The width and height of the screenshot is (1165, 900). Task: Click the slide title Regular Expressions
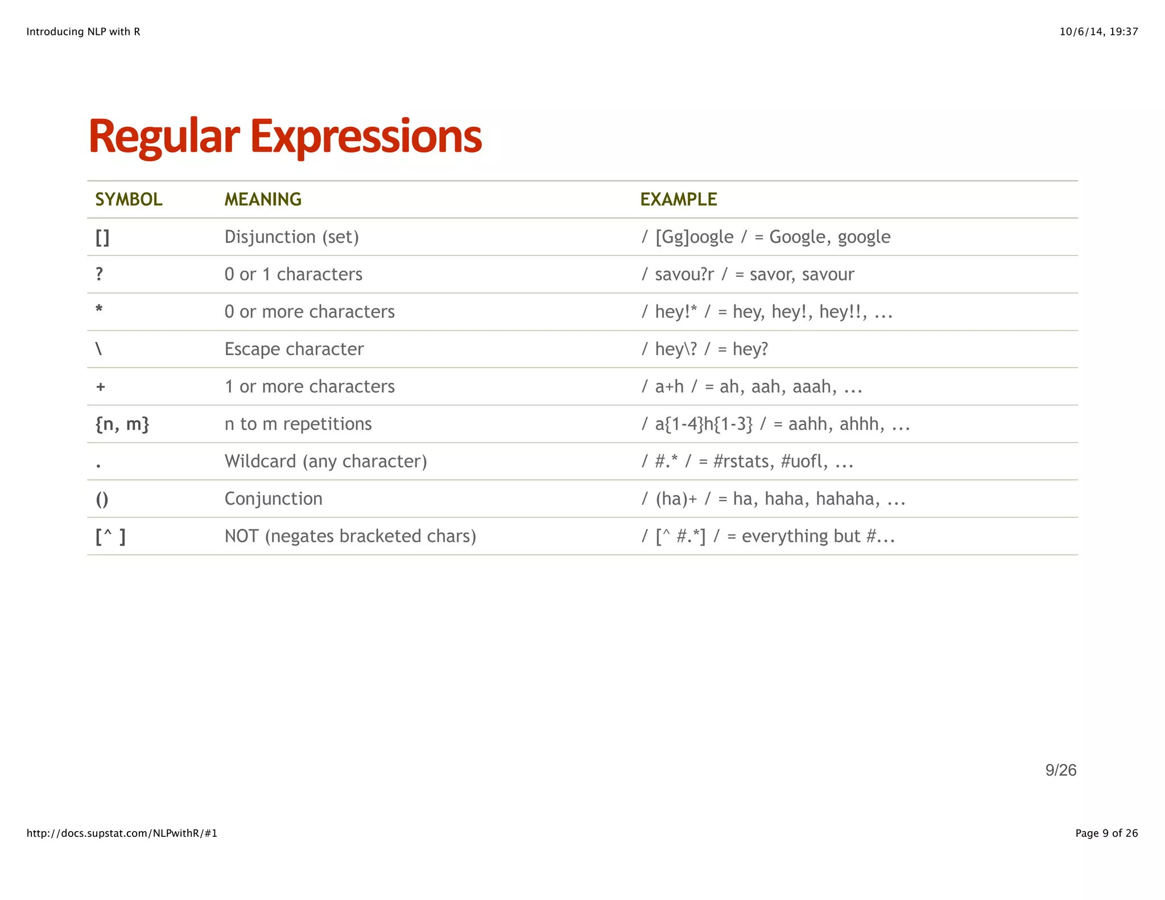285,137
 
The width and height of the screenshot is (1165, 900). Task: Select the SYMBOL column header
129,200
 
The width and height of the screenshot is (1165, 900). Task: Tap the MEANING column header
263,200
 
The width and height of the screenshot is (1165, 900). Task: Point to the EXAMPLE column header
678,200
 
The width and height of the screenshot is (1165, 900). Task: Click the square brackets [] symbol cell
102,237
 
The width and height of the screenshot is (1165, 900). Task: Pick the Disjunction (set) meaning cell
291,237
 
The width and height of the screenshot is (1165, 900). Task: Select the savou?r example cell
747,275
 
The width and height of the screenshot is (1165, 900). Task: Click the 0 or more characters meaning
309,312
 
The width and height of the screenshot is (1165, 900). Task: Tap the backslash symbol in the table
99,349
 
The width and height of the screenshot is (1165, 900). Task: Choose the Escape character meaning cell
294,349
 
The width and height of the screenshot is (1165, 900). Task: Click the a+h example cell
751,387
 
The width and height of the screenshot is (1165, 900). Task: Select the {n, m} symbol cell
122,424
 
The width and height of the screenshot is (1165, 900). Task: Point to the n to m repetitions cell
298,424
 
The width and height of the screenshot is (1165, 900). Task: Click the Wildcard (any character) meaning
325,461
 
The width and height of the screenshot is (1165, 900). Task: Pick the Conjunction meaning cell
273,499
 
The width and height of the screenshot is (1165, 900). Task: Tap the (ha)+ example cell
773,499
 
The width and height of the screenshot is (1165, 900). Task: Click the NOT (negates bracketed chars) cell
350,536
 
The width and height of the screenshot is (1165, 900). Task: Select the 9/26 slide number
1060,770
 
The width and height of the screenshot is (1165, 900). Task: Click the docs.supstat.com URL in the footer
122,833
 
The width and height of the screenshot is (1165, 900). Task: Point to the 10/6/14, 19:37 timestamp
1098,32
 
